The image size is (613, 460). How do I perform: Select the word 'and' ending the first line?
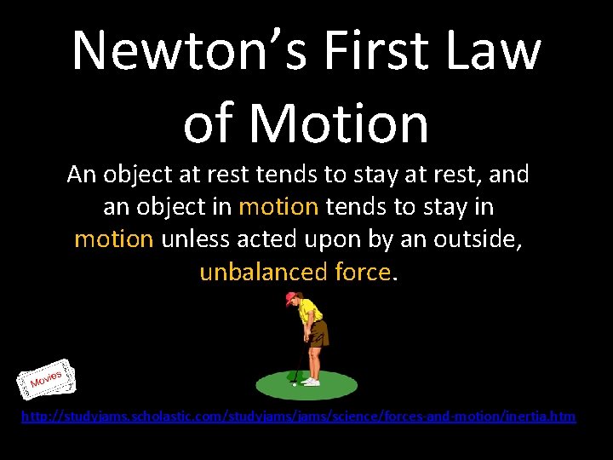tap(510, 175)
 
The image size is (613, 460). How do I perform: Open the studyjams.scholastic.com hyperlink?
tap(297, 417)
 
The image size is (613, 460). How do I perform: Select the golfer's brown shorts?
tap(317, 334)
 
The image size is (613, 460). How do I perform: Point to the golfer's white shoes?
tap(312, 382)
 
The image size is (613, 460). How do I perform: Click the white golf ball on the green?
tap(294, 384)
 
